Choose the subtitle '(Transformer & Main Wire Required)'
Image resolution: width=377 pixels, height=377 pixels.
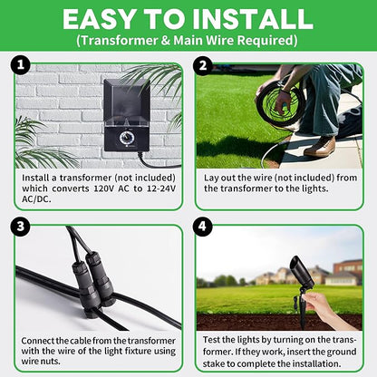coord(188,41)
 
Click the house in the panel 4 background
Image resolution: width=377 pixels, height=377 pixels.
coord(348,270)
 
